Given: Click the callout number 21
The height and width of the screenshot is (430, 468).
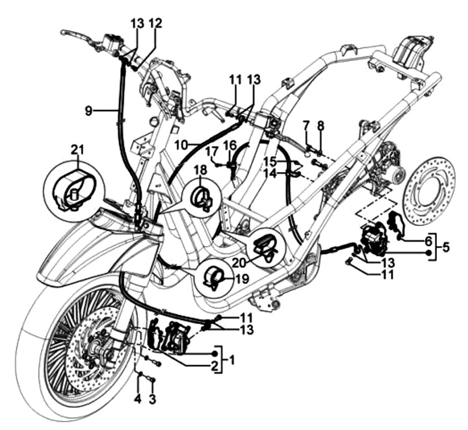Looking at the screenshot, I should pos(78,151).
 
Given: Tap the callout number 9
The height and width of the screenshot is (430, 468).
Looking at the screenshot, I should pos(88,111).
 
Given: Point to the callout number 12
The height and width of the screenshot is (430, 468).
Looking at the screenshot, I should pos(155,23).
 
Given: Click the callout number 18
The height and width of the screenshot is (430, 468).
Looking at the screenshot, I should pos(199,170).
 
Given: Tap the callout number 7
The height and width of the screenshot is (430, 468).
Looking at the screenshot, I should pos(306,125).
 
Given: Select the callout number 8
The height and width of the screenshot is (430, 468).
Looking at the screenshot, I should pos(320,125).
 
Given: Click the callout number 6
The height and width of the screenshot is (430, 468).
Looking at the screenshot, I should pos(427,240).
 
